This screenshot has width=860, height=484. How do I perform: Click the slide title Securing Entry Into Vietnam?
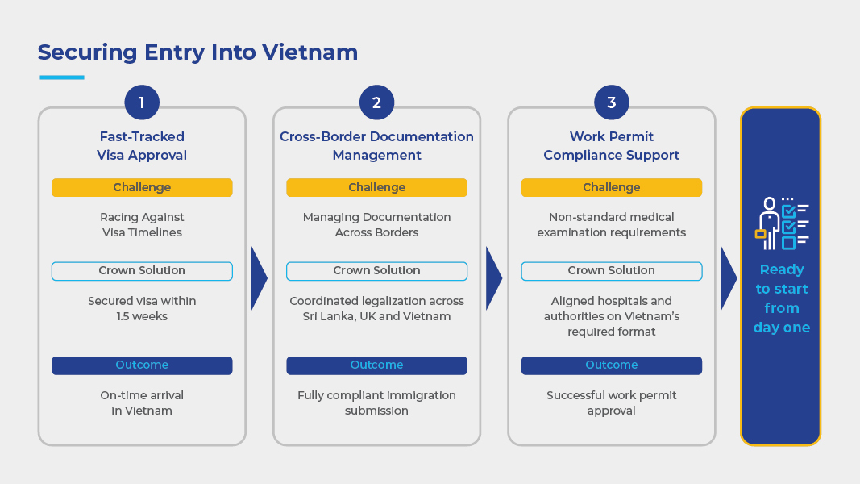(197, 52)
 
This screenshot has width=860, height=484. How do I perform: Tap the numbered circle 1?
(142, 102)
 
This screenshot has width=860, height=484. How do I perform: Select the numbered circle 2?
(376, 102)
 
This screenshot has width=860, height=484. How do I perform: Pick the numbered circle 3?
(612, 102)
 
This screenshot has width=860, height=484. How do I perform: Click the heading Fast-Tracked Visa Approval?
(142, 146)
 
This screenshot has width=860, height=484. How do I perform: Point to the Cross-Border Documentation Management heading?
(376, 146)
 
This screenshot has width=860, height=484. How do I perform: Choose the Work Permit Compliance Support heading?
(612, 146)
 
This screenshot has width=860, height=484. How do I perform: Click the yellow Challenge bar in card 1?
(142, 187)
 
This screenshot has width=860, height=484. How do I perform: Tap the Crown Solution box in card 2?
(376, 271)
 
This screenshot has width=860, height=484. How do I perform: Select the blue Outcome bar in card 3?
(612, 365)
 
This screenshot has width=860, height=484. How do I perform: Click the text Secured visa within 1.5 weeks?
(142, 308)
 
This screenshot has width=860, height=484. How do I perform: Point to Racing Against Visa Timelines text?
(142, 224)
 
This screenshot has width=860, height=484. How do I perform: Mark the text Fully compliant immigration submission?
(376, 403)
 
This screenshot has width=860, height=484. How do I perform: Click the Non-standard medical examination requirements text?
(612, 224)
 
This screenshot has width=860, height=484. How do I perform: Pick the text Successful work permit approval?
(612, 403)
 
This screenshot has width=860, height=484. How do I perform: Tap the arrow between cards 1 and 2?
(258, 278)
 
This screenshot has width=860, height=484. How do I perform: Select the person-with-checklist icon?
(782, 223)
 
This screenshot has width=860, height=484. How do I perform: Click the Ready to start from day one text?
(782, 298)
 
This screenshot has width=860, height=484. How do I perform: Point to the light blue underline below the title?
(62, 77)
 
